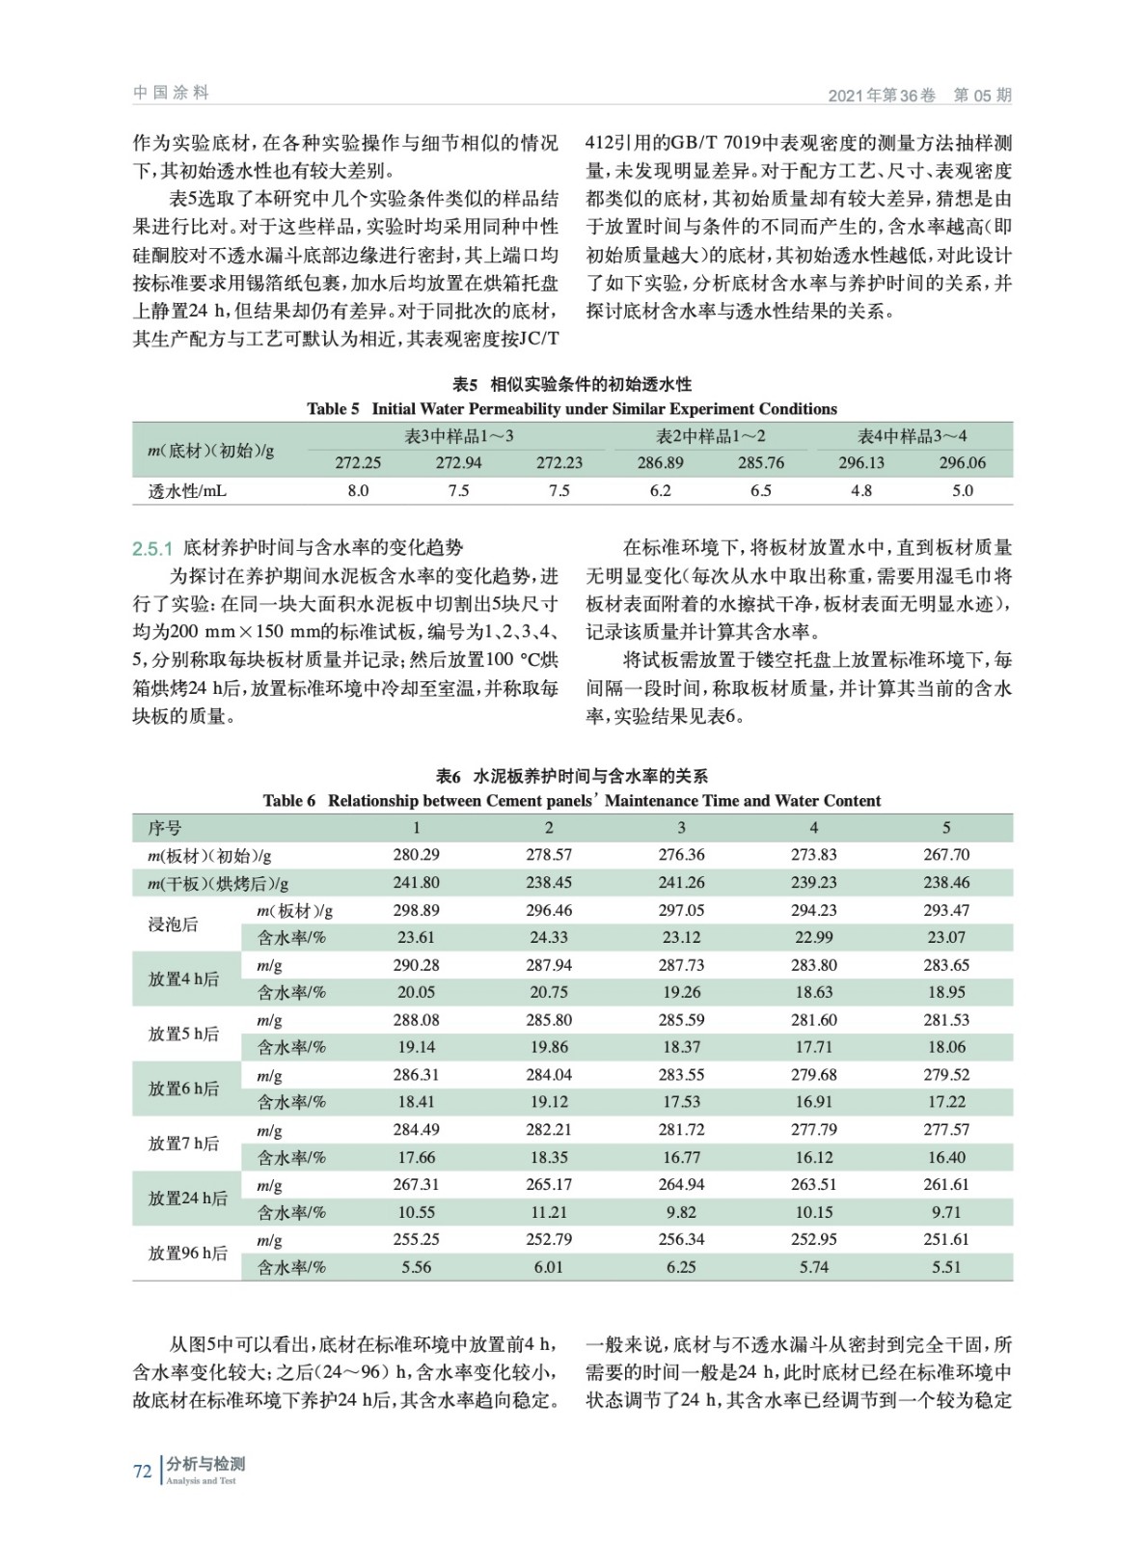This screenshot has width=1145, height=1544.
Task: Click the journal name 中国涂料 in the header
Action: pyautogui.click(x=171, y=93)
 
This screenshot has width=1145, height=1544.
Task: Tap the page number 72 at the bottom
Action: pyautogui.click(x=142, y=1471)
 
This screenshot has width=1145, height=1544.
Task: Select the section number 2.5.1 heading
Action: pyautogui.click(x=152, y=548)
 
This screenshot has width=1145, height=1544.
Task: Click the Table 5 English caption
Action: pyautogui.click(x=572, y=408)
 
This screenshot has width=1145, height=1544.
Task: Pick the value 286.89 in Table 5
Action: pyautogui.click(x=660, y=463)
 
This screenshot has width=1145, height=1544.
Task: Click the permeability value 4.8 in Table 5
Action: pyautogui.click(x=861, y=490)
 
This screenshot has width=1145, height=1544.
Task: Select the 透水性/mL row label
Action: pyautogui.click(x=188, y=490)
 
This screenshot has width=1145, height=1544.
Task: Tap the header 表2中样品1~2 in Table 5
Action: pyautogui.click(x=711, y=436)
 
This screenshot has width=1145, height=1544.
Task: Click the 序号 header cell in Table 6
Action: pyautogui.click(x=165, y=828)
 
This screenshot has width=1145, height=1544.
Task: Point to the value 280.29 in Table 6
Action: pyautogui.click(x=417, y=855)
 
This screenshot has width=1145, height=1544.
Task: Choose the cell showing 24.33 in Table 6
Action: pyautogui.click(x=549, y=937)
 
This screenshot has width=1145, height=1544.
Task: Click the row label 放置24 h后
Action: pyautogui.click(x=188, y=1199)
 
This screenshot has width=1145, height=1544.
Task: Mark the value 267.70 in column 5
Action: pyautogui.click(x=946, y=855)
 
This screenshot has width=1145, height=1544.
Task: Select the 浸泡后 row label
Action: pyautogui.click(x=173, y=924)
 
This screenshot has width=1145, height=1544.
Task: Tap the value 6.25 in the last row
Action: pyautogui.click(x=681, y=1267)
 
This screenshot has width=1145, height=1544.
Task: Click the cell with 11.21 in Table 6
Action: pyautogui.click(x=549, y=1212)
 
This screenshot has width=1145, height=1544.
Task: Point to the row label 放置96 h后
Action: pyautogui.click(x=188, y=1254)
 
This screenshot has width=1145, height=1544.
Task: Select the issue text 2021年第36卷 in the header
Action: pyautogui.click(x=882, y=95)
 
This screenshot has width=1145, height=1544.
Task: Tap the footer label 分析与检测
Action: pyautogui.click(x=205, y=1464)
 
